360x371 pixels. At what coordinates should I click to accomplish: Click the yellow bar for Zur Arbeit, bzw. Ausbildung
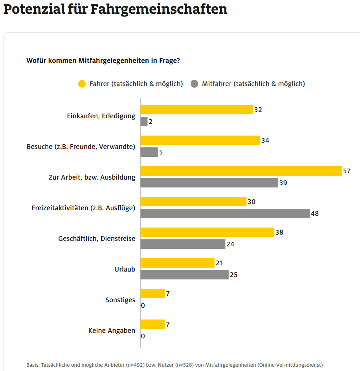coord(241,171)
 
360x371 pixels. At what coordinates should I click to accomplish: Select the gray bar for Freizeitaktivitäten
coord(225,213)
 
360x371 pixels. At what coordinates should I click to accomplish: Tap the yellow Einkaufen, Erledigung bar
coord(197,110)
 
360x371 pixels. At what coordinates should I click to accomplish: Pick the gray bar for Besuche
coord(149,152)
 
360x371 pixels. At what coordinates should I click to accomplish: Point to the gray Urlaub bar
coord(184,275)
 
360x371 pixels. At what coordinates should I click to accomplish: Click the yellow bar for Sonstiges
coord(152,294)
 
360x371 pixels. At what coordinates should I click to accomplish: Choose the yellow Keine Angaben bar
coord(152,324)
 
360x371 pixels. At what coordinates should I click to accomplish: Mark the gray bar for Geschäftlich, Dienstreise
coord(183,244)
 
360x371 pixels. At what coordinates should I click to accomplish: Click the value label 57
coord(346,171)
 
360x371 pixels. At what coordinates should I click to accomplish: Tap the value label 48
coord(314,214)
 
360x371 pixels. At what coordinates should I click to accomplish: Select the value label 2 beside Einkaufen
coord(150,122)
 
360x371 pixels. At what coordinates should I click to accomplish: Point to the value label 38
coord(279,232)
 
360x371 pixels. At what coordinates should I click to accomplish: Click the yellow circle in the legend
coord(82,84)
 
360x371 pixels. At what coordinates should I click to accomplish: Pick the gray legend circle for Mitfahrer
coord(194,84)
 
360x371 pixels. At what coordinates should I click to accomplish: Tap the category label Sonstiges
coord(120,300)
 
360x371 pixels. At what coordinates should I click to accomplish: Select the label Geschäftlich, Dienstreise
coord(97,239)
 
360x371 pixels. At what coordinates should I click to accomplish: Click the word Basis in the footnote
coord(33,365)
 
